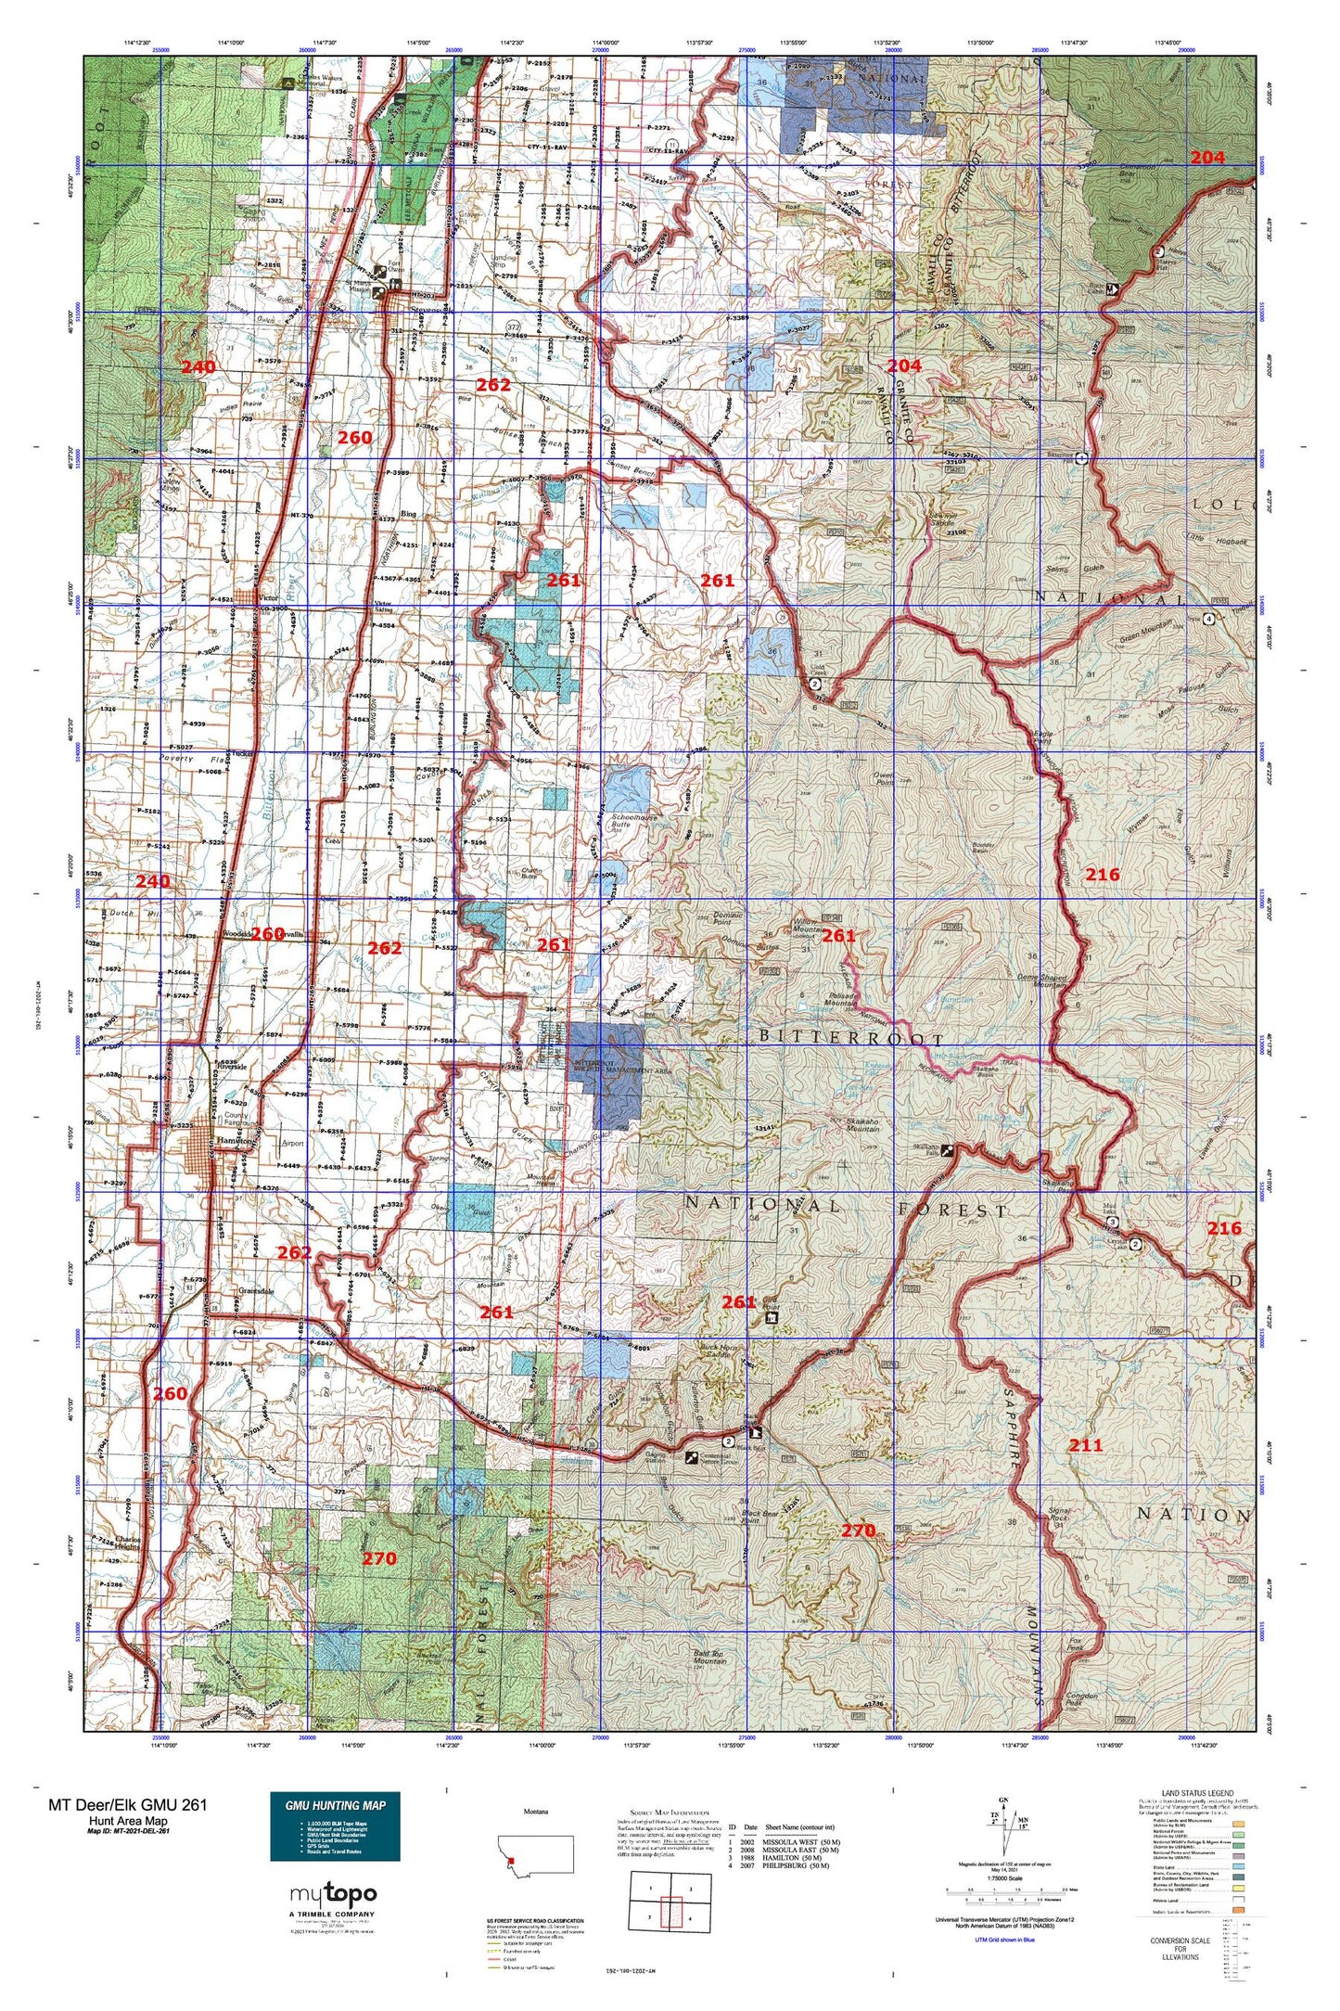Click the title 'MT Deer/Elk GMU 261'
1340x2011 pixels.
click(x=128, y=1804)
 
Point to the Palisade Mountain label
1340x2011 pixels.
click(x=840, y=998)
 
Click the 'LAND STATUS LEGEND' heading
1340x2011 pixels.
click(x=1198, y=1793)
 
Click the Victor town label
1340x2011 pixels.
click(x=269, y=598)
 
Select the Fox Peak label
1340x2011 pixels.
click(x=1075, y=1641)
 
